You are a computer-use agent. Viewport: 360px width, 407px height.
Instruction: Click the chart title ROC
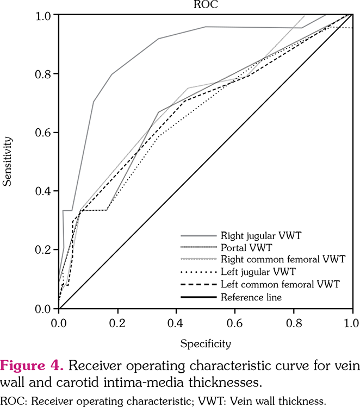tap(206, 5)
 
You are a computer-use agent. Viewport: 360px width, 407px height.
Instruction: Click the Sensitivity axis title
tap(7, 161)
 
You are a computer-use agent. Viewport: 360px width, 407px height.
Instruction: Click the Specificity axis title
tap(205, 343)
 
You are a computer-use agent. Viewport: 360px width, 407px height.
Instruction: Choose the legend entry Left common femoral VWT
tap(280, 284)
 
